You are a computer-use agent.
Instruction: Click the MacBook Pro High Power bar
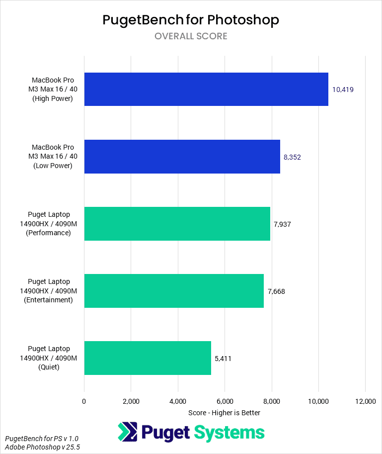(x=206, y=90)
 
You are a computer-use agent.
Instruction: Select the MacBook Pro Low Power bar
(x=182, y=157)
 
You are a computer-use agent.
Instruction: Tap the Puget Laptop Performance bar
(x=177, y=224)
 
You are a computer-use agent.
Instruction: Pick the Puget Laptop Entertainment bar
(x=174, y=291)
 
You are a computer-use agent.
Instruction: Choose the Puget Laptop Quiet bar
(x=148, y=358)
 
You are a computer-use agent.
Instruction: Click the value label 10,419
(x=343, y=90)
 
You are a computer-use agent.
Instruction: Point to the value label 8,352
(x=292, y=157)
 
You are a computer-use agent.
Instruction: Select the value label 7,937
(x=282, y=224)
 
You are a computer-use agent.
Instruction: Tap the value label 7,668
(x=276, y=291)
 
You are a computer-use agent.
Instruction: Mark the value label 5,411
(x=223, y=359)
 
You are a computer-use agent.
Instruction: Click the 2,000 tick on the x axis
(x=131, y=401)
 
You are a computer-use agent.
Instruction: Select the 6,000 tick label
(x=225, y=401)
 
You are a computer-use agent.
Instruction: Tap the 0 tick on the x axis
(x=84, y=401)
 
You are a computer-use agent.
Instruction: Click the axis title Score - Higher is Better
(x=225, y=413)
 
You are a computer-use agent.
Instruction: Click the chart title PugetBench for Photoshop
(x=191, y=20)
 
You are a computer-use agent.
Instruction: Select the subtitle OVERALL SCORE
(x=191, y=36)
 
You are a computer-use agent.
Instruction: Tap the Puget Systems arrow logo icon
(x=128, y=432)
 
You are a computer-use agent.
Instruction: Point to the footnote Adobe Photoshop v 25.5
(x=42, y=448)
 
